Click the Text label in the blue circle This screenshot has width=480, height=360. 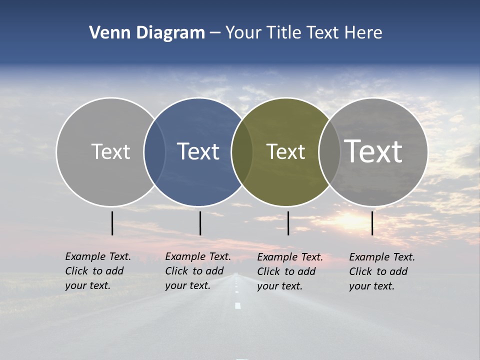(198, 151)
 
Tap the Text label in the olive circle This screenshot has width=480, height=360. (285, 151)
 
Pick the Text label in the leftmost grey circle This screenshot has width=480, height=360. (110, 151)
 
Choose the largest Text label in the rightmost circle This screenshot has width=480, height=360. (373, 151)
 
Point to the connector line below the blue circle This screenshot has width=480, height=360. (200, 223)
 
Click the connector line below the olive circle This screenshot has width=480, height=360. (288, 223)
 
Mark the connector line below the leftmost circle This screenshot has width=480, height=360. (112, 223)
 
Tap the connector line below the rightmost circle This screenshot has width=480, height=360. (372, 223)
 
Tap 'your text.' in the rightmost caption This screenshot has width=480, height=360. (371, 286)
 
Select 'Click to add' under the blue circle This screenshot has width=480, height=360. (194, 271)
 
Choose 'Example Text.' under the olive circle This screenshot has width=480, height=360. (289, 257)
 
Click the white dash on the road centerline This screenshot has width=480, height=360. (238, 305)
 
